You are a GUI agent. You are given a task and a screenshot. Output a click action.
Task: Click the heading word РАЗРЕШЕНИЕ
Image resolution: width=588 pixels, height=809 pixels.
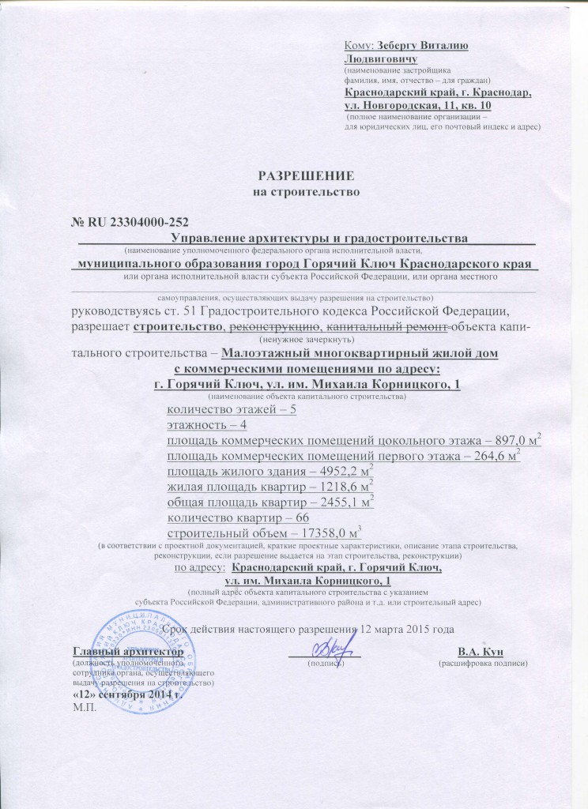pos(305,175)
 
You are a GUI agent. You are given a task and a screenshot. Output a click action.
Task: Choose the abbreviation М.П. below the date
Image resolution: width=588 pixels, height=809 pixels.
pos(83,706)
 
